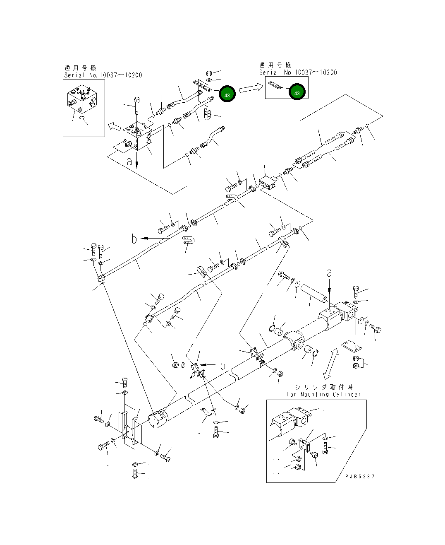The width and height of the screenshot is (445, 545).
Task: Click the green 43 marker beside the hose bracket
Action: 227,95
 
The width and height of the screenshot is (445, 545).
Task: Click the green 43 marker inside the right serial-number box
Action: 297,93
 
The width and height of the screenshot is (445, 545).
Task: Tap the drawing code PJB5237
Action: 360,477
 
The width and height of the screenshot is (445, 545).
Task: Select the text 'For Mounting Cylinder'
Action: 323,394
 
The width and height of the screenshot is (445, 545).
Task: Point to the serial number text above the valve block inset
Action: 103,75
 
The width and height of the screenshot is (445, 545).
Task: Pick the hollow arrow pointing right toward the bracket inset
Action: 251,87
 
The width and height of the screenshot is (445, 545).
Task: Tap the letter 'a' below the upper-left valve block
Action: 130,162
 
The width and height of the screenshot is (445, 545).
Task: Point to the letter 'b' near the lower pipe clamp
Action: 223,365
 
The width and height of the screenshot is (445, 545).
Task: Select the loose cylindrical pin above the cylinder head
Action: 314,292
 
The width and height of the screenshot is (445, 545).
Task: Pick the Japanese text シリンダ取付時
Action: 323,387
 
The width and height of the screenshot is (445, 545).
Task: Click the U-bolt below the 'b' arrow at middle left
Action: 189,241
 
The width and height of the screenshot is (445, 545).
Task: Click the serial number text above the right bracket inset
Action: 298,72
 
